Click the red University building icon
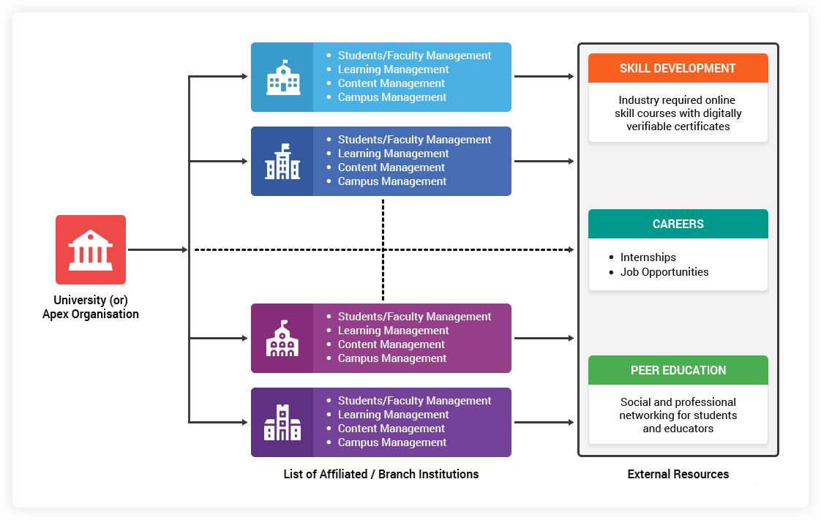click(x=91, y=249)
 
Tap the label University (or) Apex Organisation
click(x=91, y=307)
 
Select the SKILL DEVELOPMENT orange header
click(x=678, y=68)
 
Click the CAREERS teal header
click(x=678, y=224)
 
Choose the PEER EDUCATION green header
click(x=678, y=370)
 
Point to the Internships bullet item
click(x=648, y=257)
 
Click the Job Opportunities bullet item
click(x=664, y=272)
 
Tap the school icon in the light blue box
click(x=282, y=77)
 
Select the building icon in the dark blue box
click(x=282, y=162)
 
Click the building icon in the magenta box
click(x=282, y=339)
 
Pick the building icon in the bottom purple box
click(x=282, y=423)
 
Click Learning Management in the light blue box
click(x=393, y=69)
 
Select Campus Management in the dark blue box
click(x=391, y=181)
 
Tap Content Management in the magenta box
click(x=391, y=344)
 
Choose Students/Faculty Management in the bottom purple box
click(x=414, y=401)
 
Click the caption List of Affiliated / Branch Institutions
click(x=380, y=474)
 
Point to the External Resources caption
click(x=678, y=474)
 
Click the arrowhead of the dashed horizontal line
click(x=570, y=250)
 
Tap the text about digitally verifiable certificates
click(x=678, y=113)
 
